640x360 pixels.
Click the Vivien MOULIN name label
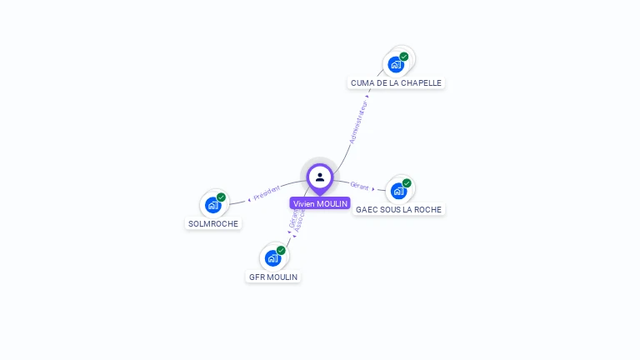pyautogui.click(x=320, y=203)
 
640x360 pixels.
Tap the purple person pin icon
pyautogui.click(x=320, y=177)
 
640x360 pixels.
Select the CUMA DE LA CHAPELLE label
pyautogui.click(x=396, y=82)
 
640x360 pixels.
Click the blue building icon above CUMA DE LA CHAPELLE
pyautogui.click(x=396, y=64)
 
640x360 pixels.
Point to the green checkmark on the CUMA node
pyautogui.click(x=404, y=57)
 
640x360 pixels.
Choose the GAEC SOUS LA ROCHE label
pyautogui.click(x=398, y=209)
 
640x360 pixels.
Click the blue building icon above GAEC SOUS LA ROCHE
pyautogui.click(x=398, y=191)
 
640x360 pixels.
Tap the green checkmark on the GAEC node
pyautogui.click(x=407, y=183)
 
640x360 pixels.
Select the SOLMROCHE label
pyautogui.click(x=213, y=223)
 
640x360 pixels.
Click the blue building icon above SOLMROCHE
pyautogui.click(x=212, y=205)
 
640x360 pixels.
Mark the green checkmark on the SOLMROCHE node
pyautogui.click(x=221, y=197)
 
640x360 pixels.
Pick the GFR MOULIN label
pyautogui.click(x=273, y=277)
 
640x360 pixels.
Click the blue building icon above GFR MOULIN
pyautogui.click(x=272, y=258)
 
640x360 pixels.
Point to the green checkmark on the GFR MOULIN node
pyautogui.click(x=281, y=251)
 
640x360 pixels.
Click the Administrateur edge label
pyautogui.click(x=358, y=122)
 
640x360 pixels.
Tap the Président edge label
pyautogui.click(x=267, y=192)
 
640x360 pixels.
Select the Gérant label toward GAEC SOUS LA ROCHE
pyautogui.click(x=360, y=186)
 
